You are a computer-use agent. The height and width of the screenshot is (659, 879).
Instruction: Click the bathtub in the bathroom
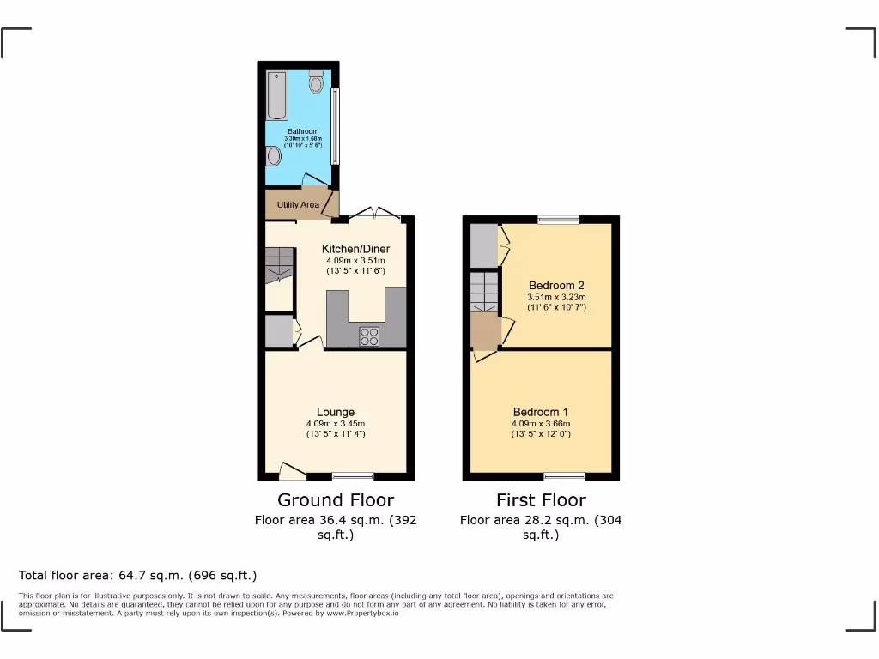click(x=276, y=95)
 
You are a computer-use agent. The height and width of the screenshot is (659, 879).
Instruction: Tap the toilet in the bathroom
click(x=316, y=82)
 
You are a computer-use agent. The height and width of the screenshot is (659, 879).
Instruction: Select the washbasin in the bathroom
click(x=274, y=156)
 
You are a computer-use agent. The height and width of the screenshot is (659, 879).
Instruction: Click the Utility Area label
click(x=298, y=205)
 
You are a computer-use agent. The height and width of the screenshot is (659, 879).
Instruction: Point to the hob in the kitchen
click(x=369, y=337)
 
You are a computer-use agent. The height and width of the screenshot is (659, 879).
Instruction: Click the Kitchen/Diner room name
click(x=355, y=249)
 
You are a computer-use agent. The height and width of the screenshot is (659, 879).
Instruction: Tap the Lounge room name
click(x=335, y=412)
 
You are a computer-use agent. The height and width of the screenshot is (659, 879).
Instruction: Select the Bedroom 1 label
click(x=541, y=411)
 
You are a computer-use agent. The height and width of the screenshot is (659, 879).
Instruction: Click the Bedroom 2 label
click(x=556, y=285)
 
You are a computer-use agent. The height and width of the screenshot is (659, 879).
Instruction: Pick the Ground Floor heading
click(x=336, y=500)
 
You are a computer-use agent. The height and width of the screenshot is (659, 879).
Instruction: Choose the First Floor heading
click(x=541, y=500)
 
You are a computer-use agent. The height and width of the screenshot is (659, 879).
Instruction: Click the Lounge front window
click(x=353, y=476)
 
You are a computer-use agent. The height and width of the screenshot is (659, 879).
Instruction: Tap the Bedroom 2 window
click(x=559, y=220)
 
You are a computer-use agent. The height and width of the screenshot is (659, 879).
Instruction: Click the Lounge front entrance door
click(x=292, y=470)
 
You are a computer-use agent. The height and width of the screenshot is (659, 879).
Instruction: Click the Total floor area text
click(x=137, y=575)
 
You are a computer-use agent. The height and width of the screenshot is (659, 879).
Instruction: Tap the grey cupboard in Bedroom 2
click(x=483, y=245)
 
